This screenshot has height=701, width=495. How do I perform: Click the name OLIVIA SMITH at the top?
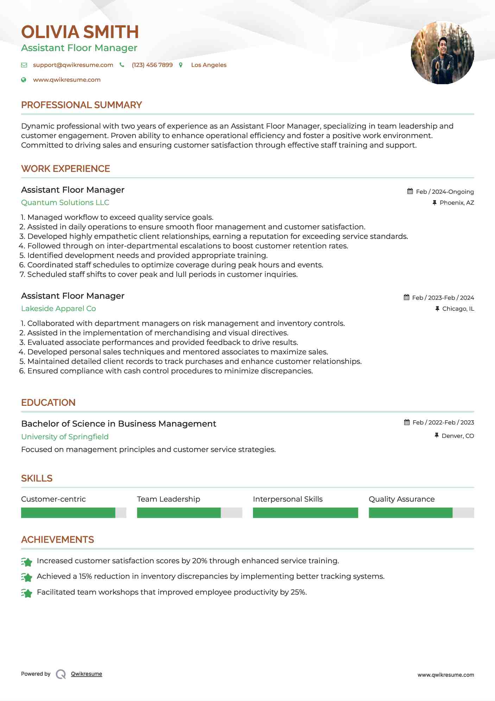pyautogui.click(x=80, y=32)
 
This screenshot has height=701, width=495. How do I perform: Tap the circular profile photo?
pyautogui.click(x=442, y=53)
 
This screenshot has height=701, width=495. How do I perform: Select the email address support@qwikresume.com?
pyautogui.click(x=73, y=65)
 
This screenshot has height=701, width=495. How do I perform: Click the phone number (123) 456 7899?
pyautogui.click(x=152, y=65)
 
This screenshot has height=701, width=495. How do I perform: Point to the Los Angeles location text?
pyautogui.click(x=209, y=65)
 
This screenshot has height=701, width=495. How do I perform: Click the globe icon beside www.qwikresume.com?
pyautogui.click(x=24, y=80)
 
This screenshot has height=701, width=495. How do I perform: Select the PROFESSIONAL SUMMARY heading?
pyautogui.click(x=81, y=105)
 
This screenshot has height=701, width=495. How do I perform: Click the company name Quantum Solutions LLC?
pyautogui.click(x=65, y=203)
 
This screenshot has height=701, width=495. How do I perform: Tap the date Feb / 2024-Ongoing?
pyautogui.click(x=445, y=192)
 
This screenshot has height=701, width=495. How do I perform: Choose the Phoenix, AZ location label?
pyautogui.click(x=457, y=203)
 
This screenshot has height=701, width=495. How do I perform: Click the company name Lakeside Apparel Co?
pyautogui.click(x=58, y=309)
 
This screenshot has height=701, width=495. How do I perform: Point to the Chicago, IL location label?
pyautogui.click(x=458, y=309)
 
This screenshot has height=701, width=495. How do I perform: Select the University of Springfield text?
pyautogui.click(x=65, y=437)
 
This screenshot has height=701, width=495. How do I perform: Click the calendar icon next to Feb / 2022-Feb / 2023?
pyautogui.click(x=407, y=422)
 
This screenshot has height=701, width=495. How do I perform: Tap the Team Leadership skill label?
pyautogui.click(x=169, y=499)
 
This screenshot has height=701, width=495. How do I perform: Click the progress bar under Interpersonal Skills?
pyautogui.click(x=305, y=513)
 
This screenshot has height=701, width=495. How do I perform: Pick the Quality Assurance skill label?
pyautogui.click(x=401, y=499)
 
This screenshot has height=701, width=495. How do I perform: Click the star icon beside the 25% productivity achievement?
pyautogui.click(x=27, y=593)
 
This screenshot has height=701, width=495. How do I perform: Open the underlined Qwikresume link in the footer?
pyautogui.click(x=87, y=674)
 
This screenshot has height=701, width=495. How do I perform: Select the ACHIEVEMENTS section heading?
pyautogui.click(x=57, y=540)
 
